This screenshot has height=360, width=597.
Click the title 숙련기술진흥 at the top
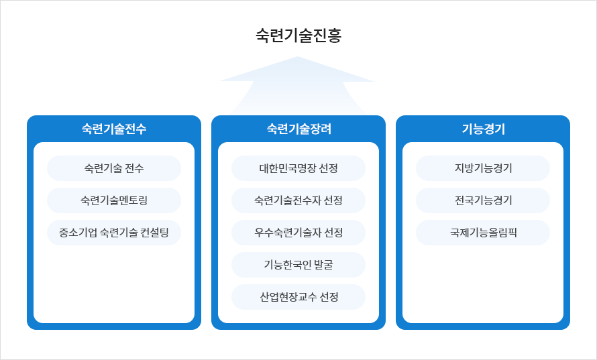pyautogui.click(x=298, y=36)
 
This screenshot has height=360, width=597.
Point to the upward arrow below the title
pyautogui.click(x=298, y=84)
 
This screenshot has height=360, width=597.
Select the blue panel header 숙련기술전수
pyautogui.click(x=114, y=129)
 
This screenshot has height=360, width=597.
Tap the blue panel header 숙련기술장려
pyautogui.click(x=298, y=129)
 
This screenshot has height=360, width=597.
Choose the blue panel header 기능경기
pyautogui.click(x=483, y=129)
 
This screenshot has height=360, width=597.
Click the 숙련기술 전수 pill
pyautogui.click(x=114, y=168)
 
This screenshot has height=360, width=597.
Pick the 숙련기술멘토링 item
pyautogui.click(x=114, y=200)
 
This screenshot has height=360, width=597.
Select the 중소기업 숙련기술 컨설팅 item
pyautogui.click(x=114, y=233)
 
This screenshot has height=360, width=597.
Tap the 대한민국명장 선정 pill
pyautogui.click(x=298, y=168)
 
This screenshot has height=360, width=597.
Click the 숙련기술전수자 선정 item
pyautogui.click(x=298, y=200)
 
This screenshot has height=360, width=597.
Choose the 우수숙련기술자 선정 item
pyautogui.click(x=298, y=233)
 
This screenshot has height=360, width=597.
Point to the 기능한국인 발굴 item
pyautogui.click(x=298, y=265)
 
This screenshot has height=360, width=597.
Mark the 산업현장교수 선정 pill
pyautogui.click(x=298, y=297)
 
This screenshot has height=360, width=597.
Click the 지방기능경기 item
pyautogui.click(x=483, y=168)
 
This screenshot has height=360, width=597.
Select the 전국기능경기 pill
pyautogui.click(x=483, y=200)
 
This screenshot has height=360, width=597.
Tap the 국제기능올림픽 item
pyautogui.click(x=483, y=233)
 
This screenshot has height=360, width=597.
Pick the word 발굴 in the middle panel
pyautogui.click(x=321, y=265)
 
